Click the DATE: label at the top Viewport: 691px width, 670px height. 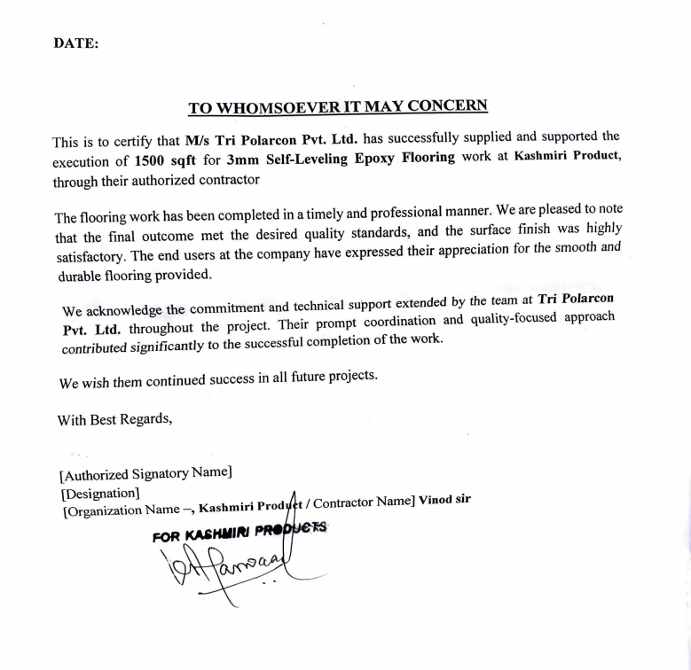[x=75, y=43]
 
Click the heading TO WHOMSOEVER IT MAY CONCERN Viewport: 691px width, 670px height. [x=338, y=107]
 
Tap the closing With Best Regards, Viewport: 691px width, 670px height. [x=115, y=419]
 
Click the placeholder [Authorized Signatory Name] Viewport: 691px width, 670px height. [x=145, y=474]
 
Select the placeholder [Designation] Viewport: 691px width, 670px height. [x=99, y=492]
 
